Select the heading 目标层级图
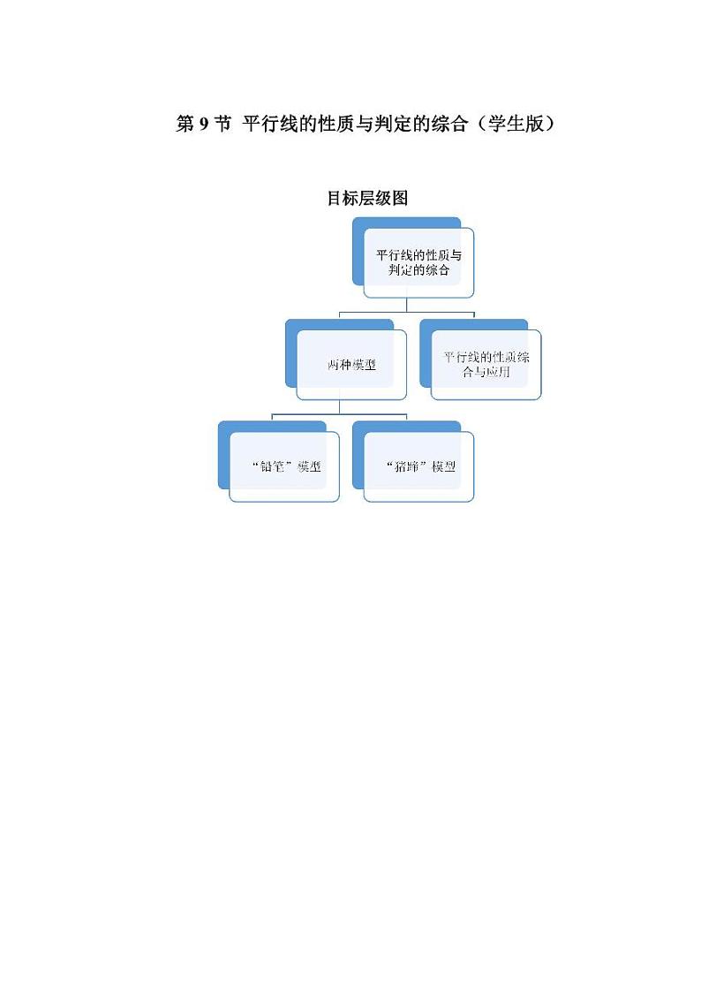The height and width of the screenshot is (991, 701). (x=367, y=199)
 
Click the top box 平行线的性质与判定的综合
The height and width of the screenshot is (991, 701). (x=419, y=262)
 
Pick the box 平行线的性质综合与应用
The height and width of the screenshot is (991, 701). (x=486, y=365)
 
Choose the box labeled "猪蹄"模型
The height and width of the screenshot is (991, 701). (x=419, y=466)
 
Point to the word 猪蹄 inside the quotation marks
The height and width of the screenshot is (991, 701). (x=410, y=466)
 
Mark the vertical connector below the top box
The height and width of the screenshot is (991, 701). (x=406, y=304)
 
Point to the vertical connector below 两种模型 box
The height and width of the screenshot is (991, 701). (x=339, y=406)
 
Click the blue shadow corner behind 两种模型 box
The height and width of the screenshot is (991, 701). (x=292, y=327)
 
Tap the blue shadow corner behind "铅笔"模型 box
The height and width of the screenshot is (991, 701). (x=224, y=428)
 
